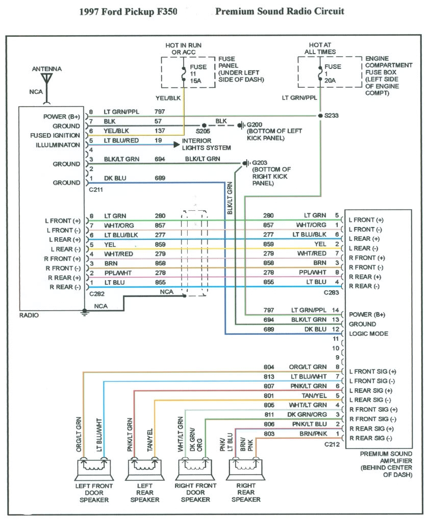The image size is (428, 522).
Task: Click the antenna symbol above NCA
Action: coord(47,79)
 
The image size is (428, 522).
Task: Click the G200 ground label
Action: coord(255,125)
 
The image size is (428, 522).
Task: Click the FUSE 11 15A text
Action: coord(197,74)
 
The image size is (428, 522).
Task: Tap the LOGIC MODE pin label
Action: coord(368,334)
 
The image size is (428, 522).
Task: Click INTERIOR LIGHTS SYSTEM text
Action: coord(207,144)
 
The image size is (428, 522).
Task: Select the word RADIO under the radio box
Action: coord(29,315)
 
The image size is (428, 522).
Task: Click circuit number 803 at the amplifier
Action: coord(269,433)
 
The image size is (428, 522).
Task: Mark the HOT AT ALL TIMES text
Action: coord(320,48)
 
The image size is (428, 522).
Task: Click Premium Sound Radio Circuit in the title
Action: coord(280,11)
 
